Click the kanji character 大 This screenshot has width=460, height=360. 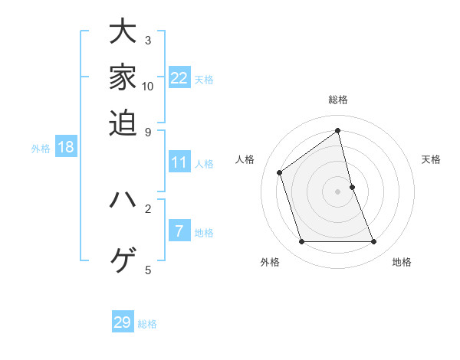pos(123,33)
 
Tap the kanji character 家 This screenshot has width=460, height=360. pos(123,77)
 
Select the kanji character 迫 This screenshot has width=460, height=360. pos(123,122)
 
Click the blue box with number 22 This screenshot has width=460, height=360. pos(179,78)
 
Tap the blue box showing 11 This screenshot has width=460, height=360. pos(179,162)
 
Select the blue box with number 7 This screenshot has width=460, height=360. pos(179,231)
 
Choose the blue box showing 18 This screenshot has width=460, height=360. pos(65,147)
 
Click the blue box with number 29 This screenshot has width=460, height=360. pos(123,322)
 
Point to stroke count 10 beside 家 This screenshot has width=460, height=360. pos(148,86)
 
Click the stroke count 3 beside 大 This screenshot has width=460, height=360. pos(148,40)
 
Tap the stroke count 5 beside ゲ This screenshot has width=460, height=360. pos(148,269)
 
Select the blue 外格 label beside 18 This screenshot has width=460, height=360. pos(40,149)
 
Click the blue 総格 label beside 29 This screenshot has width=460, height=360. pos(147,324)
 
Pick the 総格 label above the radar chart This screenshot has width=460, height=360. pos(338,100)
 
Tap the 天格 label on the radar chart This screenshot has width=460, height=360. pos(432,159)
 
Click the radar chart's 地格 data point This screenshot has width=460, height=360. pos(374,242)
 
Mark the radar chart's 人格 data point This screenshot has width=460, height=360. pos(280,172)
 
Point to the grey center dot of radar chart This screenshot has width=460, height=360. pos(338,191)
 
